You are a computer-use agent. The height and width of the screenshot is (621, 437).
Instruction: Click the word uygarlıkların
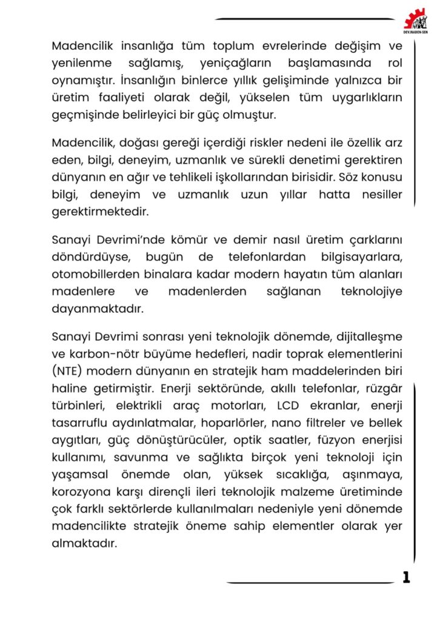click(364, 97)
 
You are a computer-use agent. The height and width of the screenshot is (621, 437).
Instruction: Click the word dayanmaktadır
click(98, 309)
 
